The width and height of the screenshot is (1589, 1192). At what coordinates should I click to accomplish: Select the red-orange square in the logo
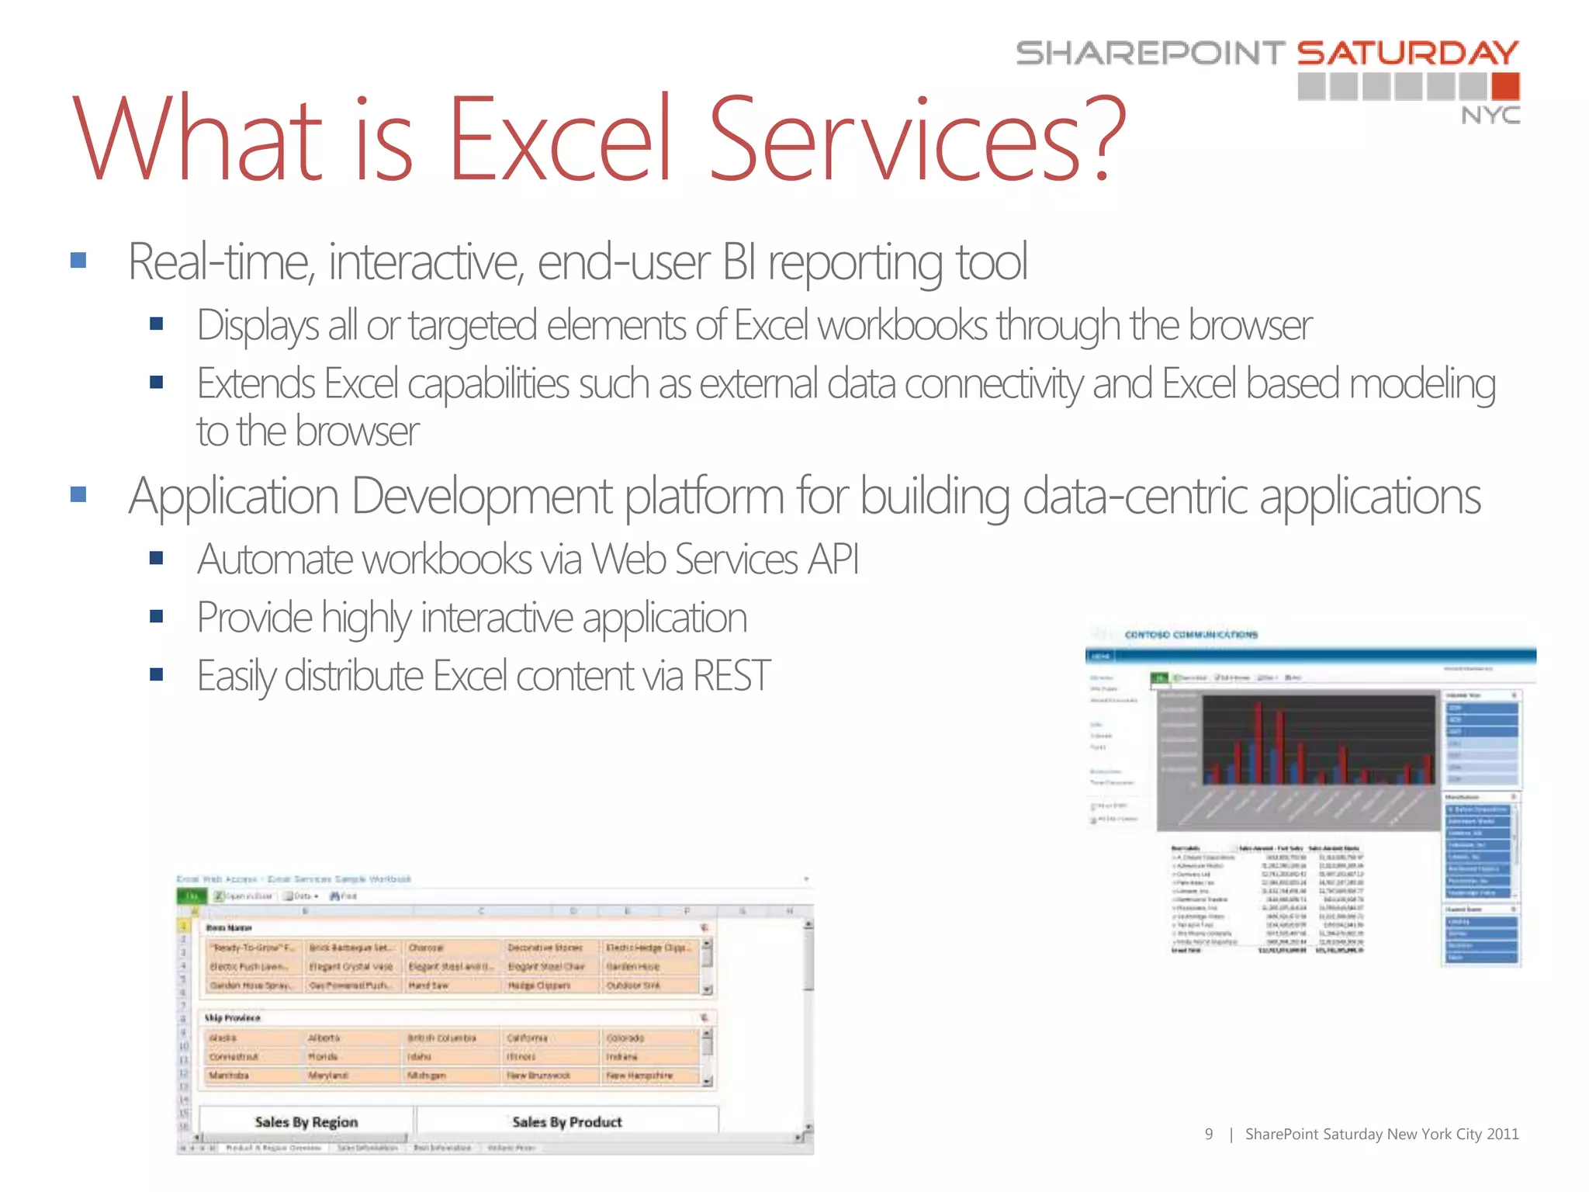(x=1505, y=86)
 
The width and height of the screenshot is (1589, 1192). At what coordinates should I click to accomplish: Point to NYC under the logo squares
(x=1490, y=116)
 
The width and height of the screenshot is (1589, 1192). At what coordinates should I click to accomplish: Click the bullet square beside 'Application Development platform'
(x=78, y=494)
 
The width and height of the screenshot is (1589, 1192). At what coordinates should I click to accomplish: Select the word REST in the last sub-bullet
(x=731, y=676)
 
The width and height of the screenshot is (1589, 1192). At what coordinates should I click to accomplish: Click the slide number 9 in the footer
(x=1208, y=1135)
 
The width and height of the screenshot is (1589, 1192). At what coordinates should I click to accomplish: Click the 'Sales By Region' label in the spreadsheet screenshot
(x=306, y=1122)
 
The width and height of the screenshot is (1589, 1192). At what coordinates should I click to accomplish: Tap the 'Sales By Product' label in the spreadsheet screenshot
(x=567, y=1122)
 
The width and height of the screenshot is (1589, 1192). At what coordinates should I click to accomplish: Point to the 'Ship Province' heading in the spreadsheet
(x=232, y=1017)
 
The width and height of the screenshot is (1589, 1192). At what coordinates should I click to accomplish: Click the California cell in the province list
(x=528, y=1038)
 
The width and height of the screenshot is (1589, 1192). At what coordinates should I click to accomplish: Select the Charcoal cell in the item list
(x=426, y=948)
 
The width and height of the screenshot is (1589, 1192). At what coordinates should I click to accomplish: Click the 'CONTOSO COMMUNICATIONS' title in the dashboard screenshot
(x=1191, y=635)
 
